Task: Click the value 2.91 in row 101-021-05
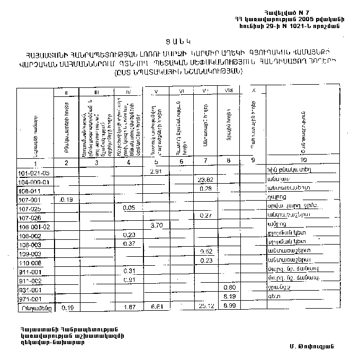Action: pos(156,172)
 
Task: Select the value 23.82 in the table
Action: pos(204,180)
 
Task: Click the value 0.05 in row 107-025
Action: pos(128,208)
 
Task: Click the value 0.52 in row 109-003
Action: pos(206,251)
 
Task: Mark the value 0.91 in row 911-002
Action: pos(128,280)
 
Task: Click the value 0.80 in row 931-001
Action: pos(228,288)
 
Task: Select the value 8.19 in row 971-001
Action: pos(229,297)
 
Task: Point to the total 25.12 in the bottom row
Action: pos(204,307)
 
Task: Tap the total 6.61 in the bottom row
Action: pos(156,307)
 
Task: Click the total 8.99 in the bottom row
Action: pos(229,307)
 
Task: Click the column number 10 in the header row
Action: pos(302,160)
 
